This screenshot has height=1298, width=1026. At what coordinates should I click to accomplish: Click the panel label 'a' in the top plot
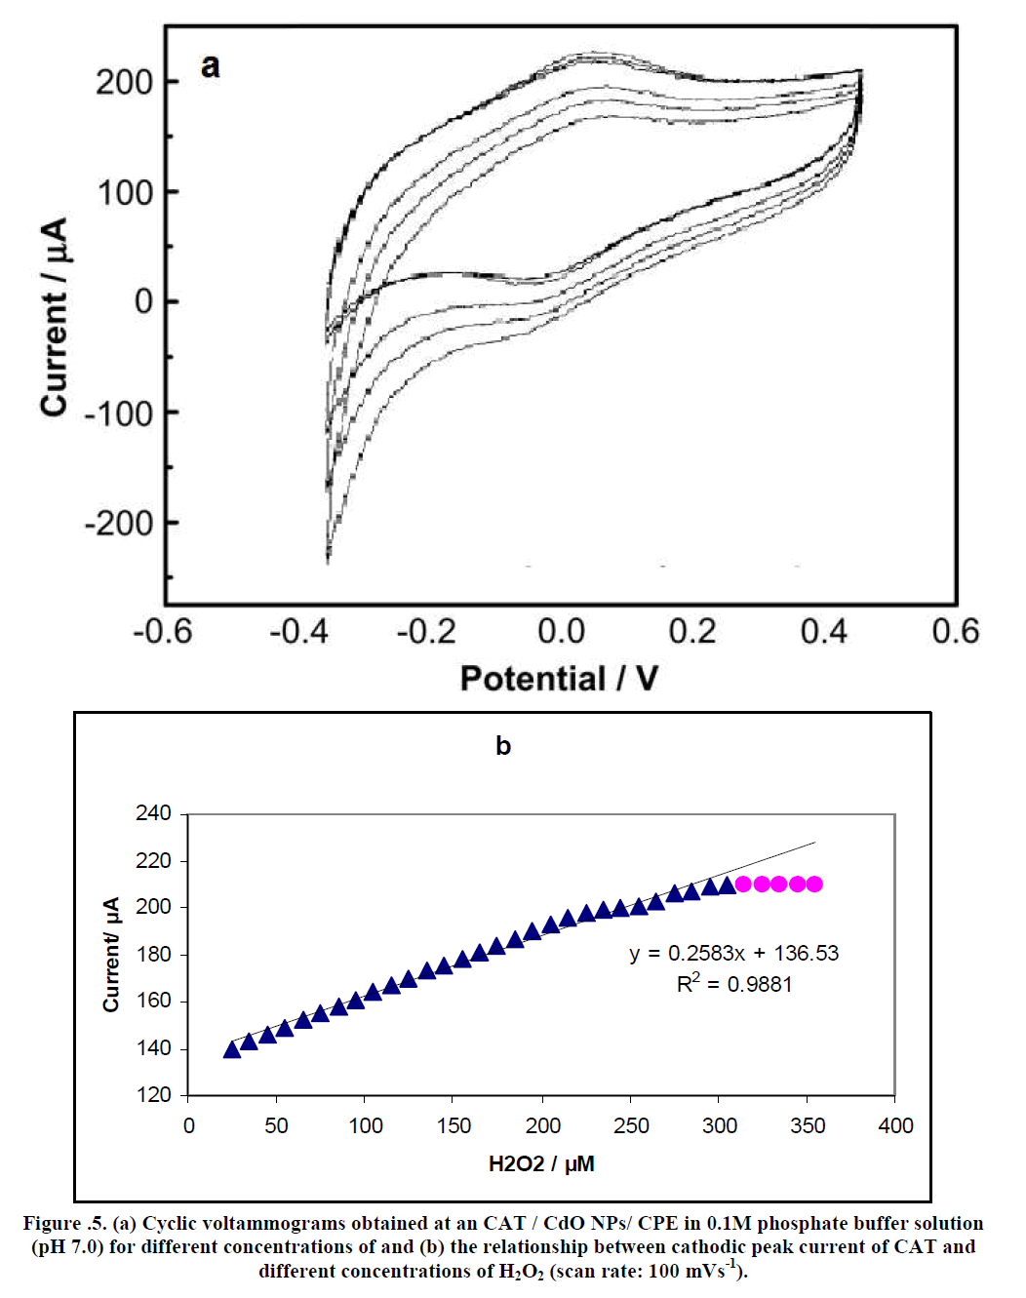[x=210, y=66]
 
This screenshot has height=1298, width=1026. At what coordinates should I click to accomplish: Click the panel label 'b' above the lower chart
[x=503, y=746]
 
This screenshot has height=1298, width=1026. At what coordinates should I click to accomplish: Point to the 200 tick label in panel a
[x=124, y=82]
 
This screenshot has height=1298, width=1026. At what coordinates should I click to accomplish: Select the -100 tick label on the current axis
[x=118, y=413]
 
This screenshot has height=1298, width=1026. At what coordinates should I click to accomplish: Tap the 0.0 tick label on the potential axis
[x=561, y=632]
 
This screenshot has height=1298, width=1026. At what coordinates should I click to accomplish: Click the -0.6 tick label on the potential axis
[x=163, y=632]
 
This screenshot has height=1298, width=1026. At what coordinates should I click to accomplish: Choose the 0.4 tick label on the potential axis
[x=824, y=632]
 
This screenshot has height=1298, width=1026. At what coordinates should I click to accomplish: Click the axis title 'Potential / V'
[x=559, y=678]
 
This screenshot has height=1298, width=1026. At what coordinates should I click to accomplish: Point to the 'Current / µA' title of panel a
[x=55, y=317]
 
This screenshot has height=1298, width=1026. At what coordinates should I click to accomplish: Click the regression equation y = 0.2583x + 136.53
[x=733, y=953]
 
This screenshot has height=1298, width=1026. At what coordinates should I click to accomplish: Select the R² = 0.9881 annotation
[x=733, y=984]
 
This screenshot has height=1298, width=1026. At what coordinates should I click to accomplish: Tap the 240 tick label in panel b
[x=153, y=813]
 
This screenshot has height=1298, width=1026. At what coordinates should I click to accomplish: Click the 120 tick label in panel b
[x=153, y=1095]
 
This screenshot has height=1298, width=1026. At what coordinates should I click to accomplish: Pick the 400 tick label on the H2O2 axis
[x=895, y=1125]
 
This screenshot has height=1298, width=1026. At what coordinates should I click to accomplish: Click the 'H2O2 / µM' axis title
[x=541, y=1163]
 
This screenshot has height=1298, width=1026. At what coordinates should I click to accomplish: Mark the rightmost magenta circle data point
[x=814, y=884]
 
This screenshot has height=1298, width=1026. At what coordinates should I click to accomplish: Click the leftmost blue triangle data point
[x=232, y=1049]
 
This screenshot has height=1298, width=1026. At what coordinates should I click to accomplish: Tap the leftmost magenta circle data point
[x=743, y=884]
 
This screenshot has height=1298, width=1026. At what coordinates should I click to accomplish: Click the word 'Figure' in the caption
[x=52, y=1223]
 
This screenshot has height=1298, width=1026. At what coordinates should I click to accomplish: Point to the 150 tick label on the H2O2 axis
[x=454, y=1125]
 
